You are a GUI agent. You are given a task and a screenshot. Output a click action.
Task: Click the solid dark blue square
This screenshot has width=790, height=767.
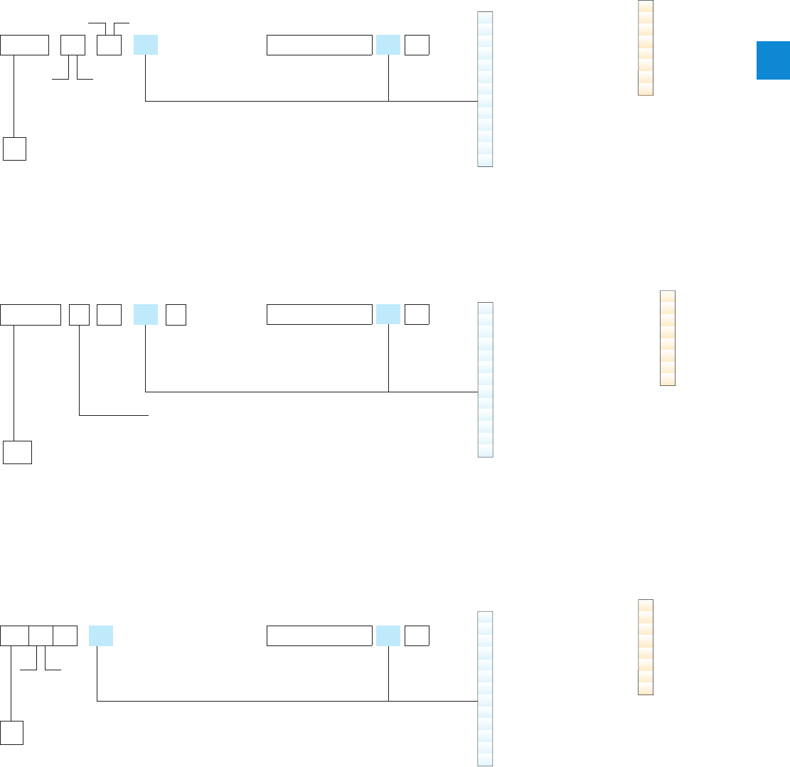tap(772, 60)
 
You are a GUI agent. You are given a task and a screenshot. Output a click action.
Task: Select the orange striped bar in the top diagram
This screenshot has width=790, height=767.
tap(645, 48)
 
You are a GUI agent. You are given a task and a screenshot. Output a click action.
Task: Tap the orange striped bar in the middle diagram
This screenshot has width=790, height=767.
tap(668, 338)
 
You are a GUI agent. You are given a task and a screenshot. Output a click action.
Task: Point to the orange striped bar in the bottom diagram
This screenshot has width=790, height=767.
tap(645, 647)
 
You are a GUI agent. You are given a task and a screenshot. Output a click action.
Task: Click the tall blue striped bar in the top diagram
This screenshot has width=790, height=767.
tap(485, 89)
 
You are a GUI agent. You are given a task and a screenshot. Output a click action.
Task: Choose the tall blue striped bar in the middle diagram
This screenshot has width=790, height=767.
tap(485, 380)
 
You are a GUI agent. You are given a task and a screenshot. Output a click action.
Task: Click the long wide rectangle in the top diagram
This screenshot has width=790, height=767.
tap(319, 45)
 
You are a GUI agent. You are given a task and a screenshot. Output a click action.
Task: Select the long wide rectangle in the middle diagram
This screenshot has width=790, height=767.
tap(319, 314)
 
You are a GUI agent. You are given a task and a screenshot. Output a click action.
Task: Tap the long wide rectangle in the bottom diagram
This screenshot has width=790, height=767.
tap(319, 636)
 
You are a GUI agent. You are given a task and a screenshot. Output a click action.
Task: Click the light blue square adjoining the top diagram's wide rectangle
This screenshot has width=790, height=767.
tap(388, 45)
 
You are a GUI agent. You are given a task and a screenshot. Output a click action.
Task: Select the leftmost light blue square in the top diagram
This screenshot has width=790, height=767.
tap(145, 45)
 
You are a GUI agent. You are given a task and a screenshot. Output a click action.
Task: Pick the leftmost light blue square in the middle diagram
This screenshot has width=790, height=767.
tap(145, 314)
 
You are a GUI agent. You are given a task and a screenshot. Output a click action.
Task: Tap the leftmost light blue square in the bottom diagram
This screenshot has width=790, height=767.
tap(101, 636)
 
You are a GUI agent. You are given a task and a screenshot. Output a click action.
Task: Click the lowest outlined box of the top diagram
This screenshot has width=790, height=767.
tap(14, 149)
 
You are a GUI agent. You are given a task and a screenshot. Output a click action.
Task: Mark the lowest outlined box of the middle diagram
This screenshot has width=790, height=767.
tap(17, 453)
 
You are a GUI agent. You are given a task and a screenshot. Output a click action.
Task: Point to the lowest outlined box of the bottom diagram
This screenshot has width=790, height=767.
tap(11, 733)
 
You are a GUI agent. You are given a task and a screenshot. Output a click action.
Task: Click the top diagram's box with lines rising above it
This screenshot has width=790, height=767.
tap(110, 45)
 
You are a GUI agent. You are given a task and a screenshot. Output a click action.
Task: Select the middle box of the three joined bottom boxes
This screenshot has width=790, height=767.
tap(41, 636)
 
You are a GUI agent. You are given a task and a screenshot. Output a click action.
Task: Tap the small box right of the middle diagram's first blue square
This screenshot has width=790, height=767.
tap(176, 314)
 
